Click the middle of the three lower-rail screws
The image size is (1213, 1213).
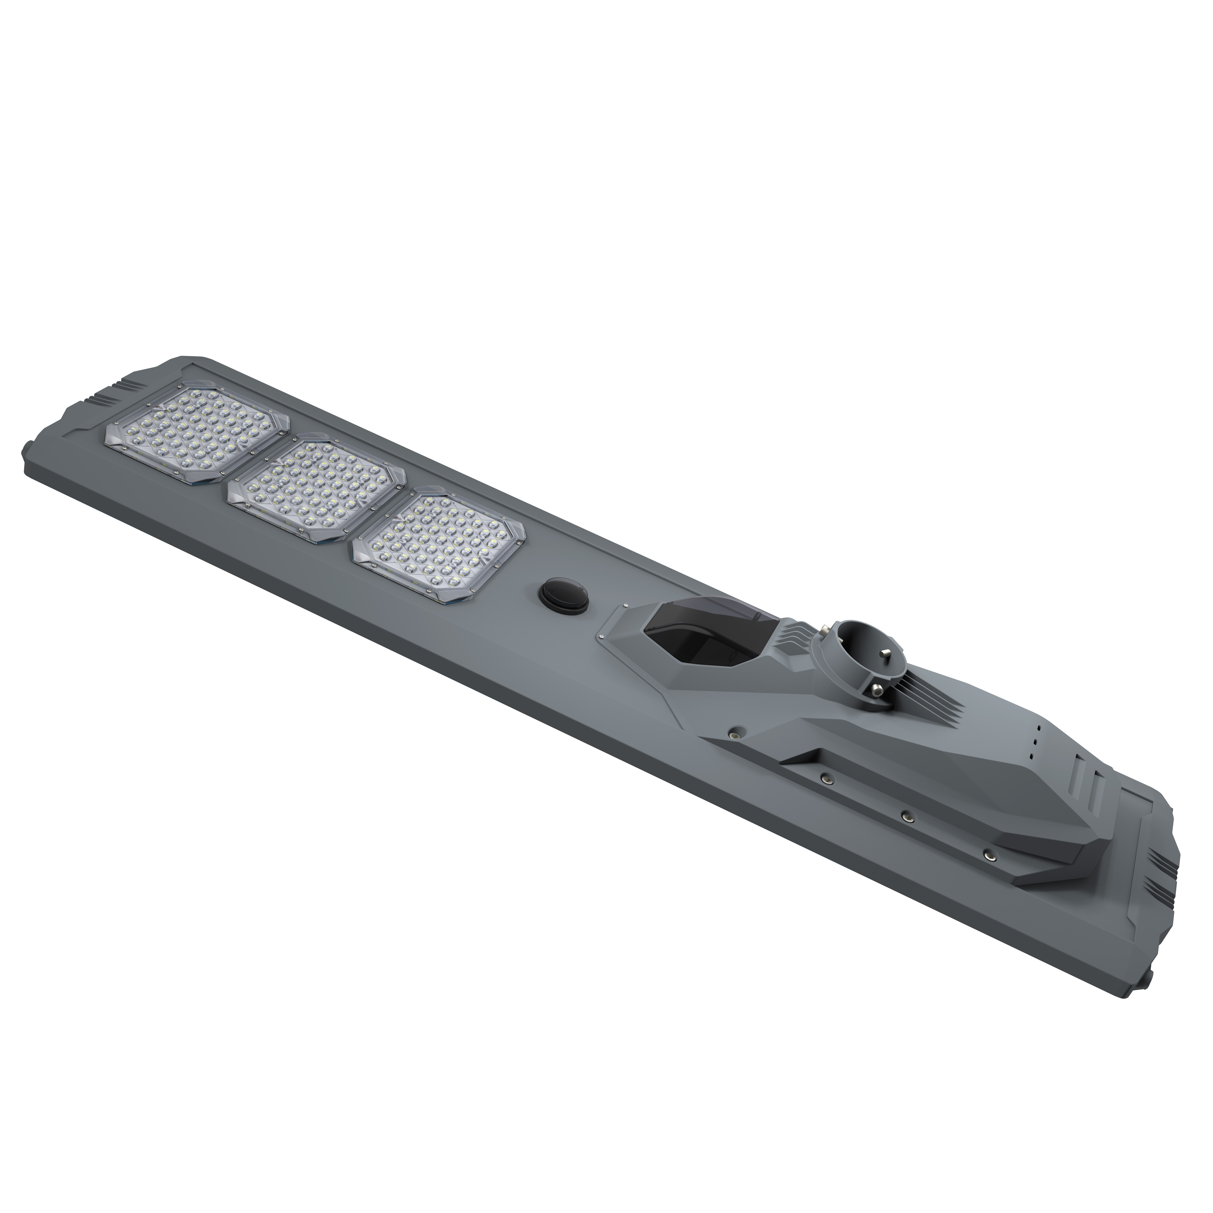(x=907, y=816)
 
